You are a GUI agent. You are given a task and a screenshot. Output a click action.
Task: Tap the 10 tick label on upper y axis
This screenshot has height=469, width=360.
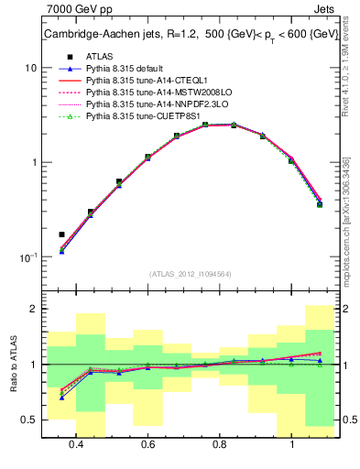(31, 69)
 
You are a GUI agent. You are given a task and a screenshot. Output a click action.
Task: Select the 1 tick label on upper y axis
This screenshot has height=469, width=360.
(34, 163)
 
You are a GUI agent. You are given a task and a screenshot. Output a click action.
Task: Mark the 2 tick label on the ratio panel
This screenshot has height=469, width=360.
(34, 310)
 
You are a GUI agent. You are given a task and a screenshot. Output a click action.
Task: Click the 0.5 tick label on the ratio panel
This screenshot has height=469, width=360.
(29, 420)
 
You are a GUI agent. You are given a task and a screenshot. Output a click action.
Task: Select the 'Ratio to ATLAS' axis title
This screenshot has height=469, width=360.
(12, 365)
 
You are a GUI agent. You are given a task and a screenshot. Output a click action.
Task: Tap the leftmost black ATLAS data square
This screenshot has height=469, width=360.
(61, 234)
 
